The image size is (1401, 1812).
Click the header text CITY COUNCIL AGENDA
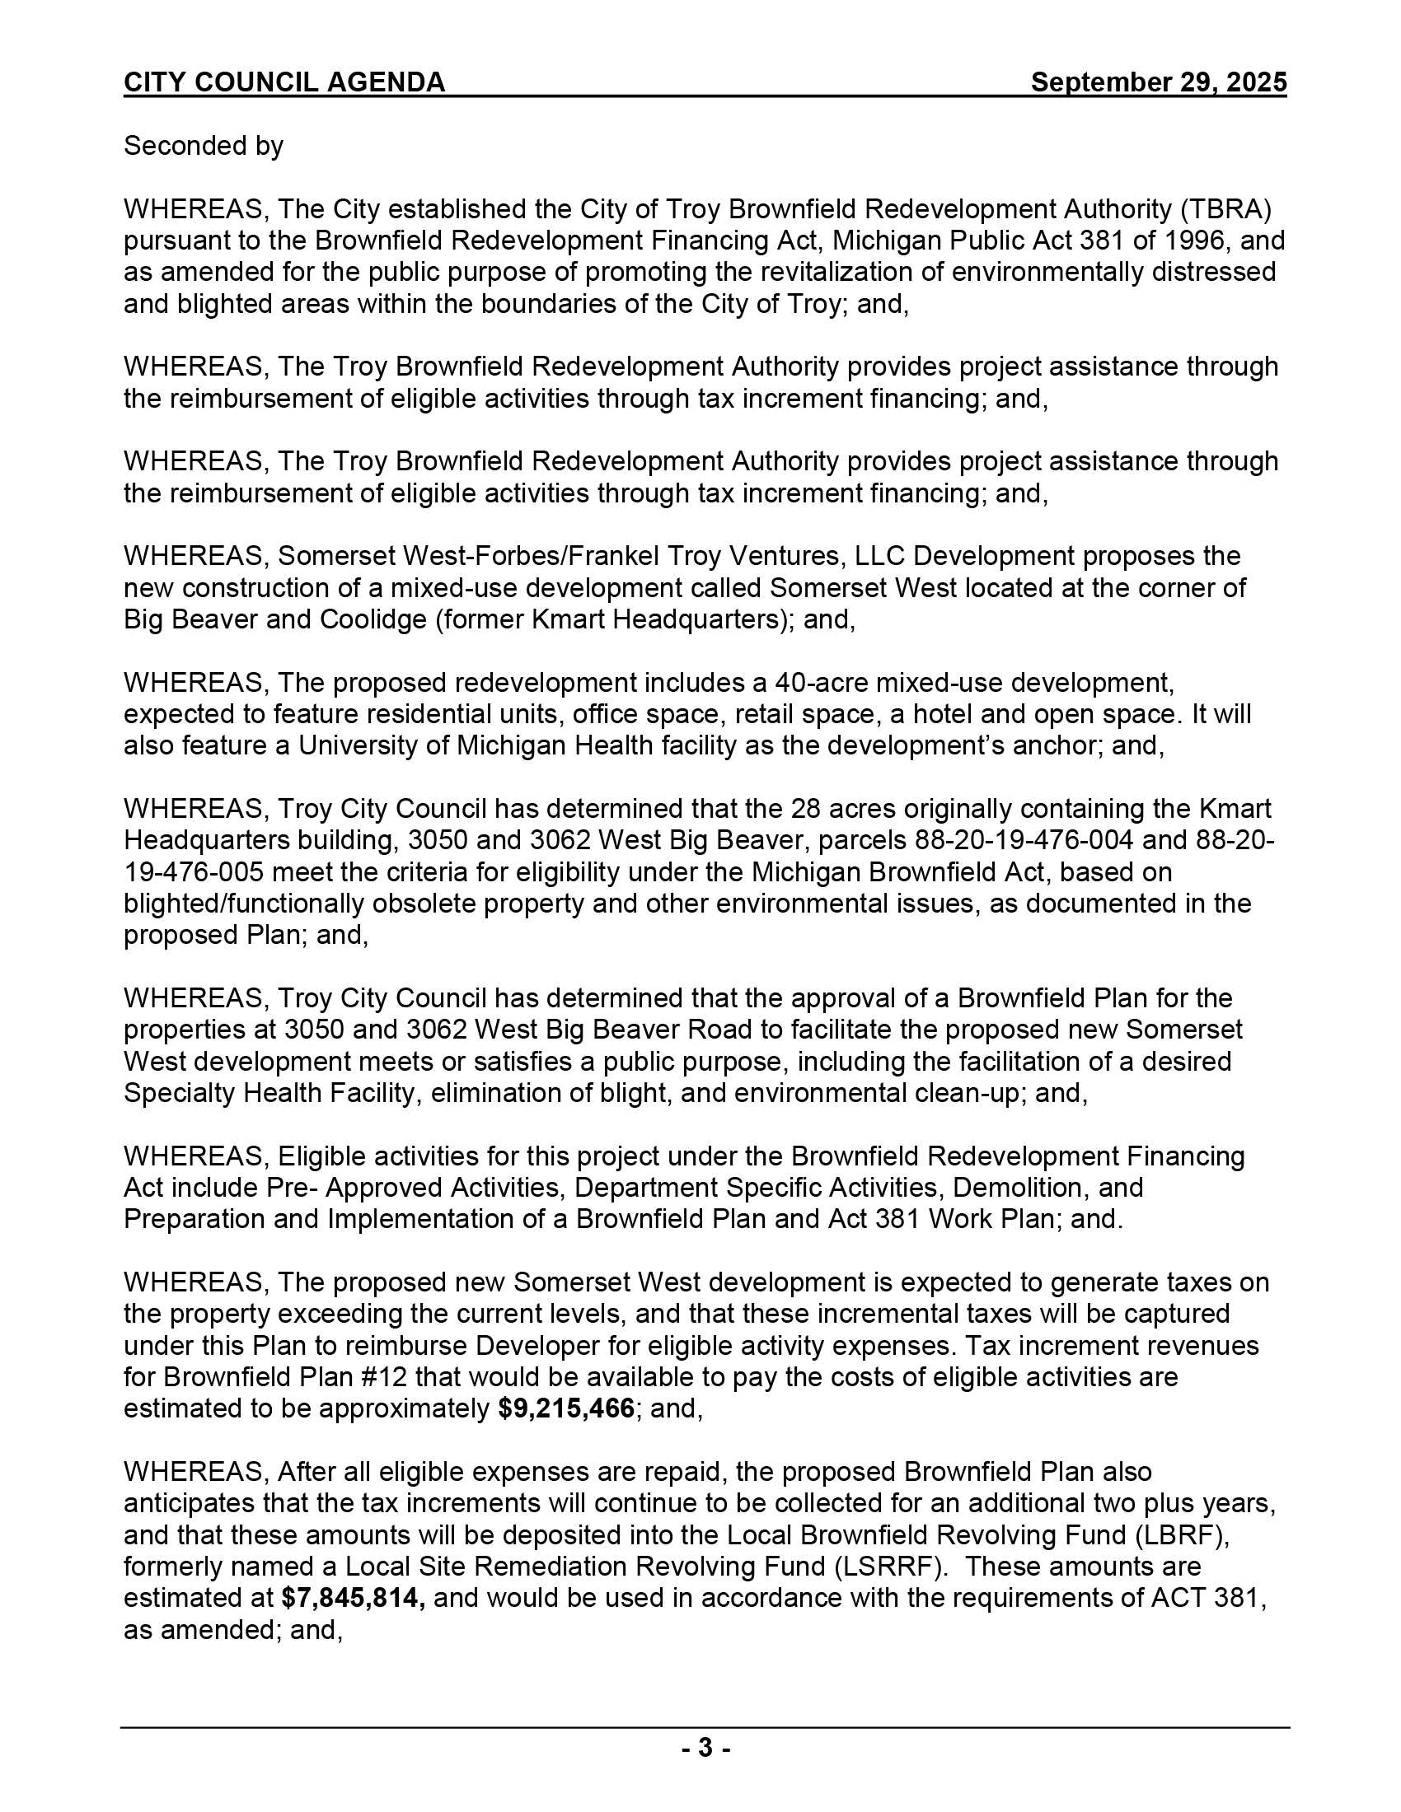point(283,82)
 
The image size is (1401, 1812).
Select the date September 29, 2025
point(1158,82)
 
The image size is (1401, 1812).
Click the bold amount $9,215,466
point(567,1409)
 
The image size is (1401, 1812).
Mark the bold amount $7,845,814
point(354,1599)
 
